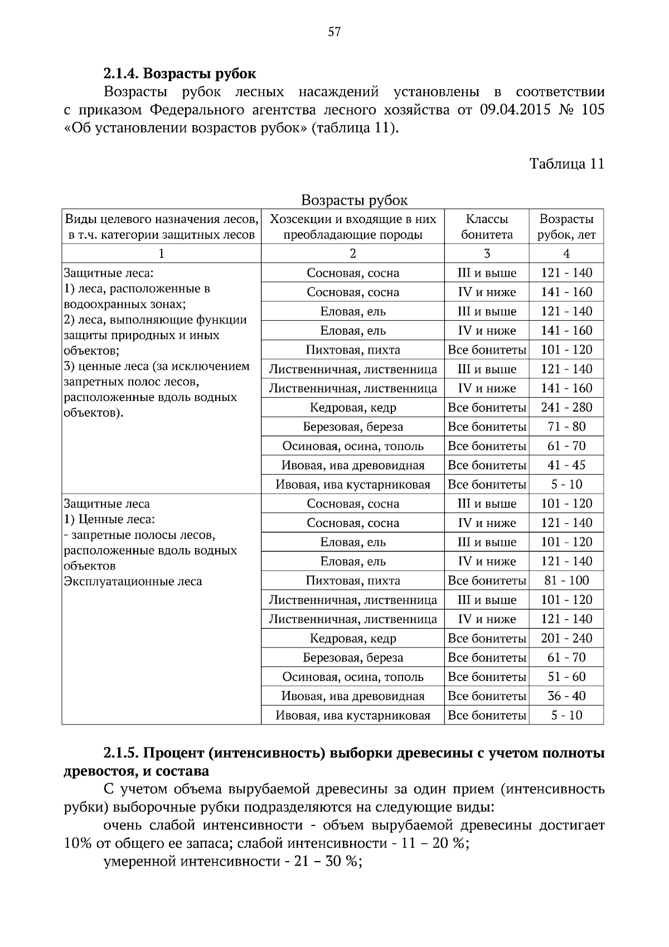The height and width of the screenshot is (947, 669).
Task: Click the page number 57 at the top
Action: point(334,32)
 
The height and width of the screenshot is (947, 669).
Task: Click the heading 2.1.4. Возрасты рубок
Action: point(180,73)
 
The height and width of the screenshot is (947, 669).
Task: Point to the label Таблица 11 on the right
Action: point(566,163)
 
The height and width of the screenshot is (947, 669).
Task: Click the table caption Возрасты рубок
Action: point(354,200)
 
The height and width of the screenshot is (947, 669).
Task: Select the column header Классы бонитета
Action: point(487,226)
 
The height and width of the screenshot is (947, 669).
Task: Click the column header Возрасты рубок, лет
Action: point(566,226)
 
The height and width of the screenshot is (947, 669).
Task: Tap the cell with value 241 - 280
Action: point(566,407)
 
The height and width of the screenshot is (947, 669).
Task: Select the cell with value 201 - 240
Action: point(566,638)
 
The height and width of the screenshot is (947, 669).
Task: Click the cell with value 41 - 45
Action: point(566,465)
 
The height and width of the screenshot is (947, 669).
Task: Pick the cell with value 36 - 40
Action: point(566,696)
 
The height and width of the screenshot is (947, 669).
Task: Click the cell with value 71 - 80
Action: point(566,427)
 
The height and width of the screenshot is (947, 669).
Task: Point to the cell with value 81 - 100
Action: point(566,581)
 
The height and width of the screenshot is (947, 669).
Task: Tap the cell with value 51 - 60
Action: point(566,677)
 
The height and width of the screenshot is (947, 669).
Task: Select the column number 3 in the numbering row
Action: point(487,254)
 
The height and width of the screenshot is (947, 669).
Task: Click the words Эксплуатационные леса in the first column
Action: point(133,582)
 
